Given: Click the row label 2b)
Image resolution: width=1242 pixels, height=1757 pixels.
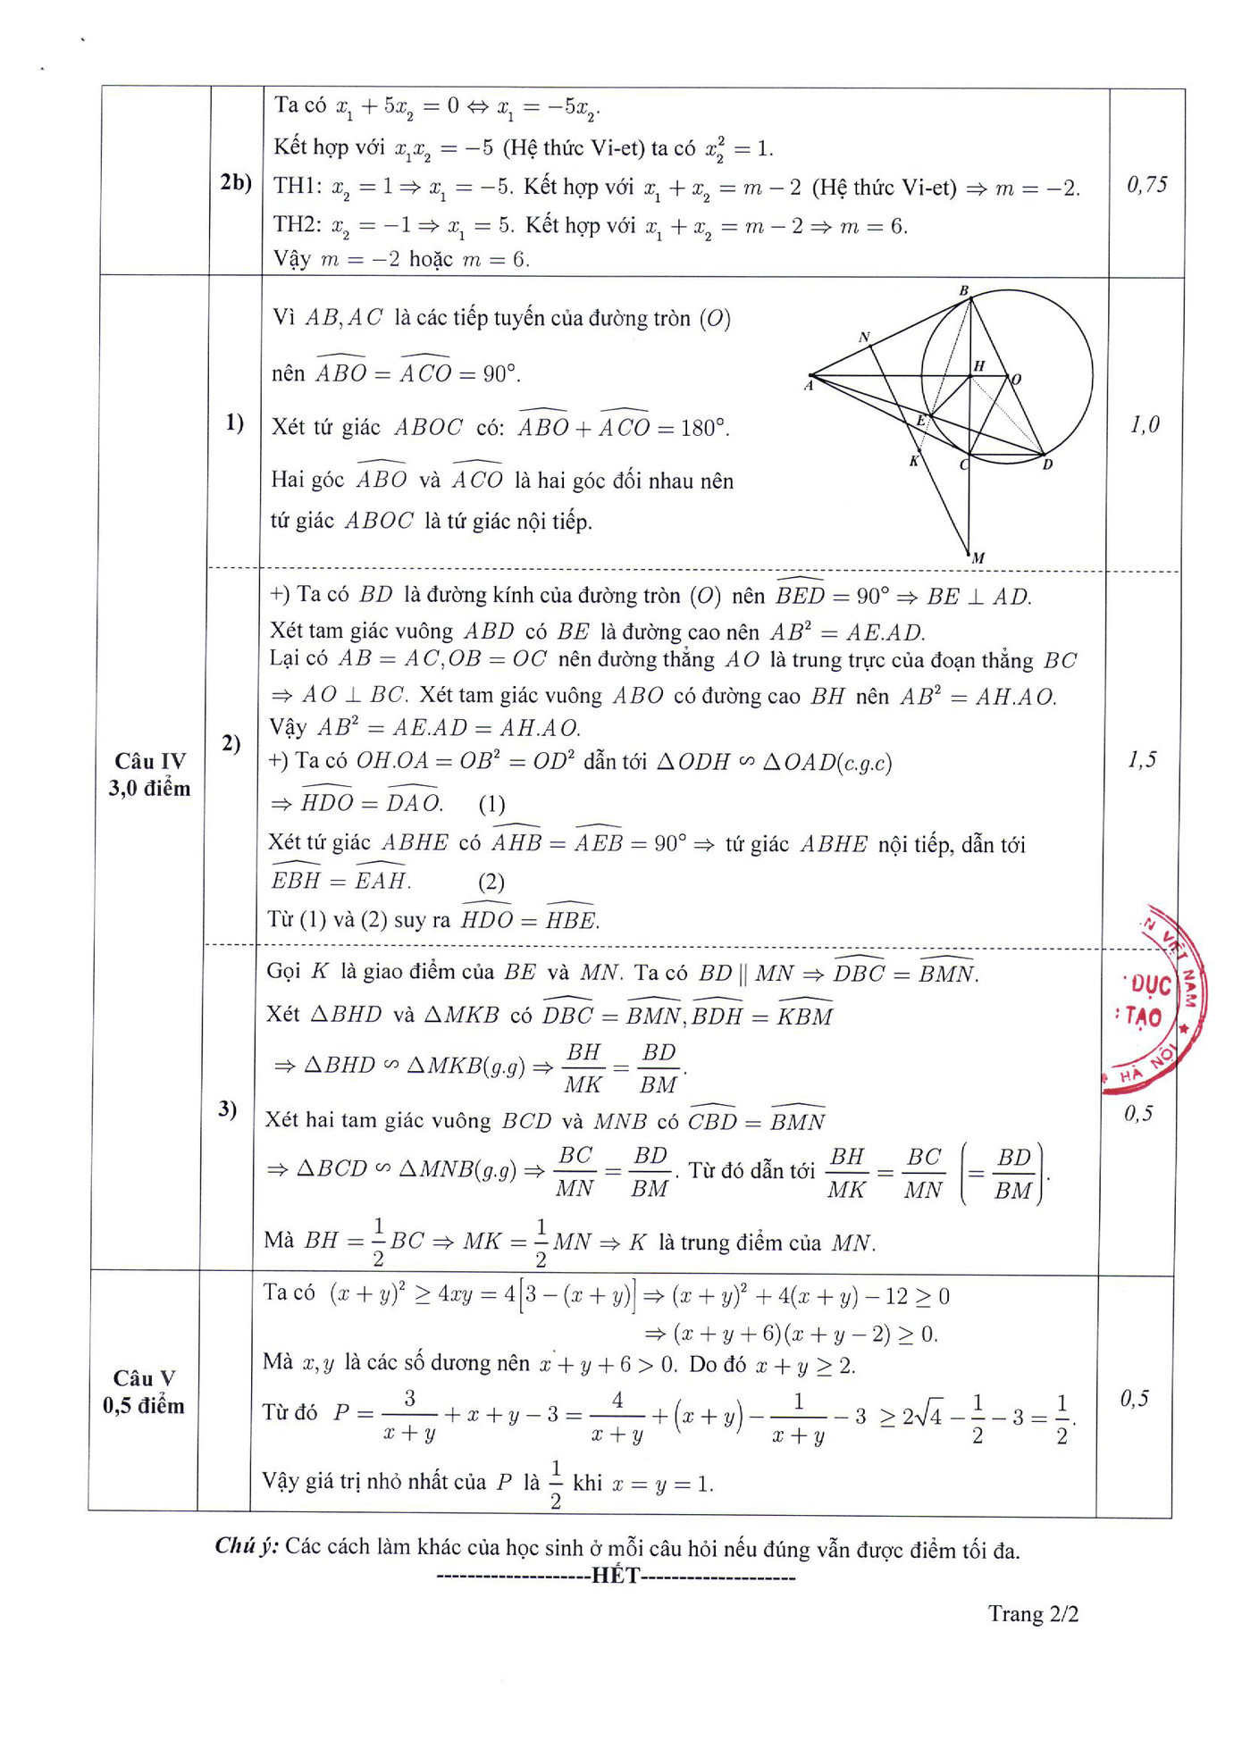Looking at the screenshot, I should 236,182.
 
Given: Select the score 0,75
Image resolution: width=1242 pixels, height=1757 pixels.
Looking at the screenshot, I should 1146,185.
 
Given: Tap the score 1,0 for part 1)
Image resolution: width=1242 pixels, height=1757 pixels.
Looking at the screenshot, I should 1145,424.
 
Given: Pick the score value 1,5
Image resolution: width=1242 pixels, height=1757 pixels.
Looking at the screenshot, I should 1141,759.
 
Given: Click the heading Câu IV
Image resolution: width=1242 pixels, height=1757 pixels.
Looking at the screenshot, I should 149,761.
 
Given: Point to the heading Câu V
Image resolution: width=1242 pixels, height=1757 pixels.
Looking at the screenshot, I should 143,1377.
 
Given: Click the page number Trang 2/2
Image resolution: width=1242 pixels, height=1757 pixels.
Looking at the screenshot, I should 1033,1613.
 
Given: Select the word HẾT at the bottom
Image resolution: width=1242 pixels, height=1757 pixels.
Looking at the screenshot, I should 616,1575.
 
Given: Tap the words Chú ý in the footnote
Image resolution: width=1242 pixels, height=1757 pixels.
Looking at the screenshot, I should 247,1545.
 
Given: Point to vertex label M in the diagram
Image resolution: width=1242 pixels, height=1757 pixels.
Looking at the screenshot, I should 978,557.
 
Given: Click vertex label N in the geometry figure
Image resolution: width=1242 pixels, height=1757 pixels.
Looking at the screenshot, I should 864,338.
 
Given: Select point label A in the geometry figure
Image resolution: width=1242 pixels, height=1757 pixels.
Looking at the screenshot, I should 809,386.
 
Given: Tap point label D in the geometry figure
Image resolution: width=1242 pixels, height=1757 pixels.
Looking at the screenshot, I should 1047,464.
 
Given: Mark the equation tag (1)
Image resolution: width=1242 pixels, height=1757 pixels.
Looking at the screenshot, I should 491,804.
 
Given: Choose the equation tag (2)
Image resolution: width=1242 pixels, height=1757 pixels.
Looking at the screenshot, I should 491,883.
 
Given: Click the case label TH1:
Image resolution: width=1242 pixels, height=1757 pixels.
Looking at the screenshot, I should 297,186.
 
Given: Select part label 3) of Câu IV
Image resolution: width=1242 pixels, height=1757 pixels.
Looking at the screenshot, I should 227,1109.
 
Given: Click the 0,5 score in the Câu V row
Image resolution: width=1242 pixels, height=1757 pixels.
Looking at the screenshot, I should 1134,1398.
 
